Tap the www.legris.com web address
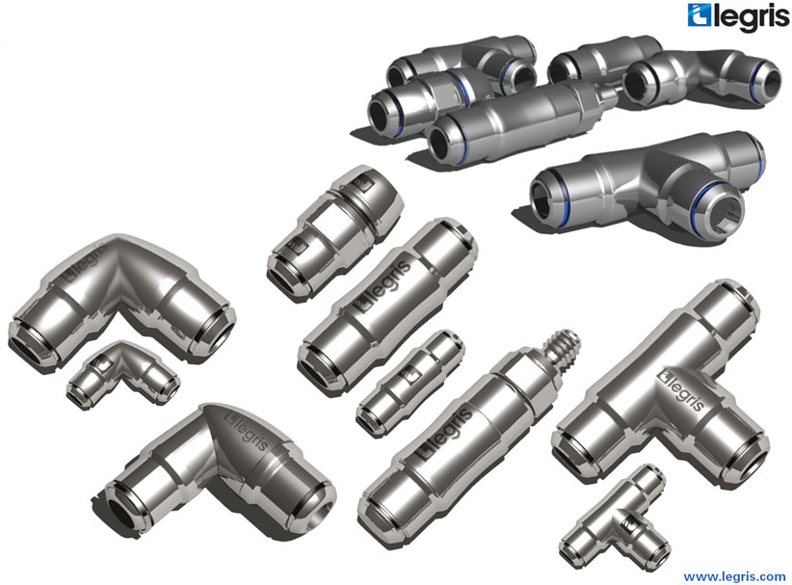pyautogui.click(x=734, y=576)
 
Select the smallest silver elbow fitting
pyautogui.click(x=122, y=373)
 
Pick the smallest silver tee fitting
pyautogui.click(x=615, y=520)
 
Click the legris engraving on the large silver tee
pyautogui.click(x=681, y=388)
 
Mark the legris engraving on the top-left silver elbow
pyautogui.click(x=86, y=261)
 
